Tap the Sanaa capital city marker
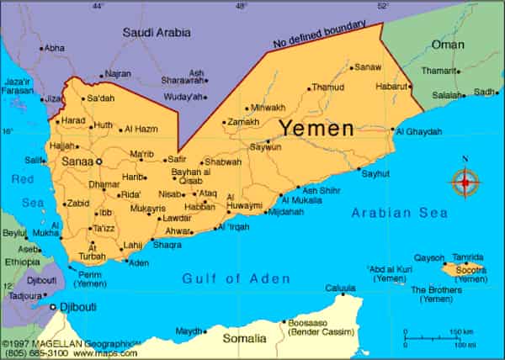(98, 161)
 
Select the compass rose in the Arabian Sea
(465, 182)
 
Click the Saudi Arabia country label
(157, 33)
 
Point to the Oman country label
(447, 45)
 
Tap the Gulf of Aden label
(237, 278)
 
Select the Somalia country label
(244, 337)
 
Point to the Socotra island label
(470, 268)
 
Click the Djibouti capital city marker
(52, 309)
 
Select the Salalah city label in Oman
(449, 95)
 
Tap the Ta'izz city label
(104, 228)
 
